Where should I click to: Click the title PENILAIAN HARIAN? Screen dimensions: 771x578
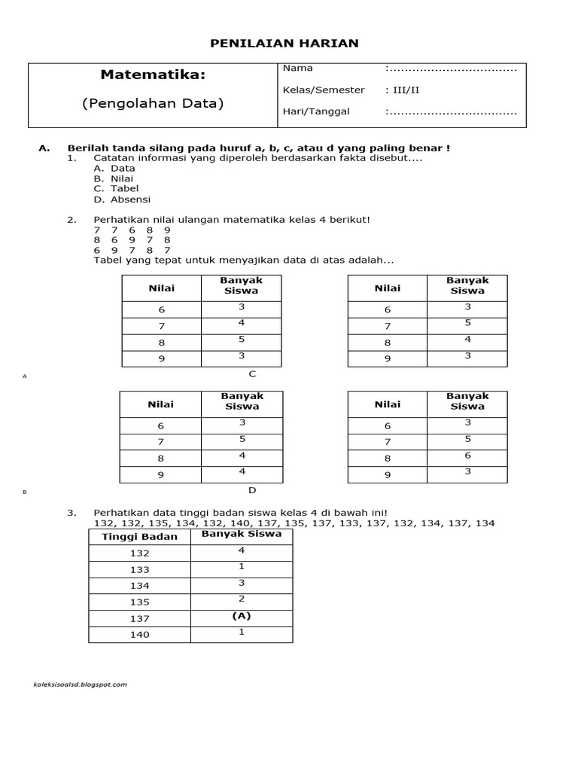[x=284, y=44]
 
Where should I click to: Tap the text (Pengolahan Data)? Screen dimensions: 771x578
[x=153, y=104]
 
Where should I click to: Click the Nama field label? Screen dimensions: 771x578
[x=297, y=69]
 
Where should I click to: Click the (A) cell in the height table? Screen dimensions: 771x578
[x=242, y=616]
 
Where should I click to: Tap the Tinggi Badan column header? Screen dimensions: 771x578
[x=139, y=537]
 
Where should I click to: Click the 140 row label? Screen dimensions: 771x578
[x=139, y=635]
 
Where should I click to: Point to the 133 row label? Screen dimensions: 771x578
[x=139, y=570]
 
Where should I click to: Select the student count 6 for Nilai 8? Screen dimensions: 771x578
[x=467, y=456]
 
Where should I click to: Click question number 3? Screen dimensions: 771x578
[x=71, y=513]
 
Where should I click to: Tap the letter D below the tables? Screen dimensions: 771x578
[x=253, y=490]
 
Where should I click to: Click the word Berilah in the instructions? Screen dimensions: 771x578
[x=87, y=148]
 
